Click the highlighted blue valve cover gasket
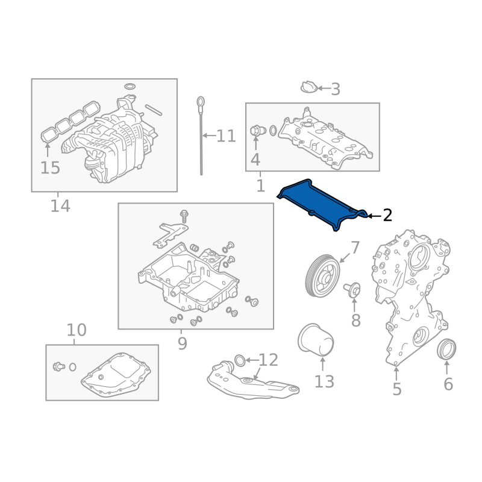point(320,204)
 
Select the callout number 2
point(387,216)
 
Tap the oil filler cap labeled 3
point(308,87)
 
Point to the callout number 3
point(336,89)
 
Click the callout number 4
point(255,160)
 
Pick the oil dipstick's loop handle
point(201,102)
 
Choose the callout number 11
point(226,136)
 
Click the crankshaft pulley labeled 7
point(323,276)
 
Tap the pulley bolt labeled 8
point(352,290)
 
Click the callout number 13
point(324,382)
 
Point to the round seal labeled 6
point(446,349)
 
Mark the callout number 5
point(397,389)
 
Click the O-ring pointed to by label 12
point(240,360)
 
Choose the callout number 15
point(50,168)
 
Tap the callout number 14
point(60,206)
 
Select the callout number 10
point(77,330)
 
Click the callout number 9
point(183,343)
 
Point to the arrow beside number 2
point(374,216)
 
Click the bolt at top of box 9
point(184,216)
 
